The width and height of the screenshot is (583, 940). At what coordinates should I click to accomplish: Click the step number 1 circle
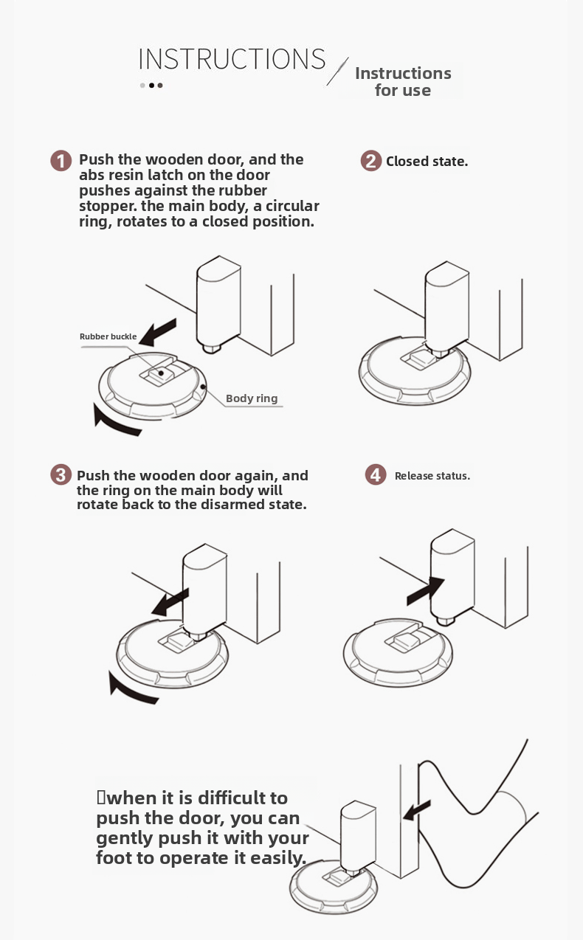point(61,161)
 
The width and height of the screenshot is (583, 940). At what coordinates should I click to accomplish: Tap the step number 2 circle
point(371,161)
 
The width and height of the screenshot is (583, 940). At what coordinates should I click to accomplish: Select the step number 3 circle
point(61,474)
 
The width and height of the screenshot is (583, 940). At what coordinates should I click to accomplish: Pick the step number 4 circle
point(375,474)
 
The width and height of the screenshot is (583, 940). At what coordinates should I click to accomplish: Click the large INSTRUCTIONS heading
point(232,59)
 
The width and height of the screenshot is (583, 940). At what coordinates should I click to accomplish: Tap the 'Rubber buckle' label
point(108,336)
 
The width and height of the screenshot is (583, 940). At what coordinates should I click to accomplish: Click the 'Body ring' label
point(252,398)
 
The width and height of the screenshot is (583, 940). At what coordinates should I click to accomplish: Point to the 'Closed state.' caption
point(427,162)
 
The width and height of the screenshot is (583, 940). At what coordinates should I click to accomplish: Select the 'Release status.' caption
point(432,476)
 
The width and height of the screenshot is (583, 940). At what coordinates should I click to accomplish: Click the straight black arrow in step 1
point(158,332)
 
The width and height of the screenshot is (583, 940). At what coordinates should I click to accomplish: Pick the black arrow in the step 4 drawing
point(425,591)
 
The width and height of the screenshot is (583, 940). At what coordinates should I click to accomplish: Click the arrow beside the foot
point(417,810)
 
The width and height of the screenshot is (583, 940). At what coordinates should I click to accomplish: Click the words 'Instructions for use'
point(403,82)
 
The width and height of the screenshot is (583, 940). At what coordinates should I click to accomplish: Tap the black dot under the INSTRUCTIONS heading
point(151,85)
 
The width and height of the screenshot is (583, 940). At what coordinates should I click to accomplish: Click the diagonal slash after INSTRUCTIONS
point(338,72)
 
